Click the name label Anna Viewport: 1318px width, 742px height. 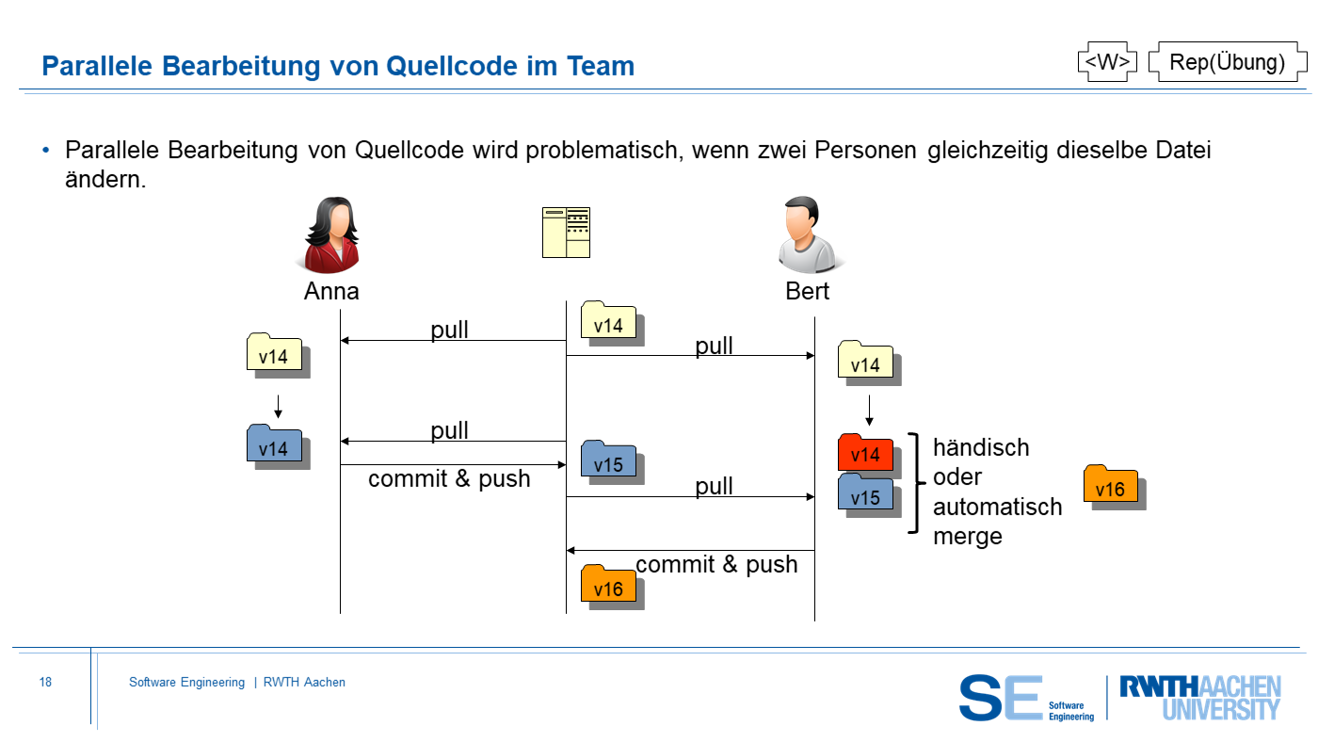click(x=331, y=291)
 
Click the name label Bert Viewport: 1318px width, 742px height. click(x=808, y=291)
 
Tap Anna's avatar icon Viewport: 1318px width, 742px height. click(x=331, y=234)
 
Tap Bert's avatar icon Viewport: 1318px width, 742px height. click(x=809, y=234)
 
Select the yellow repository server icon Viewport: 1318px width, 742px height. click(x=566, y=233)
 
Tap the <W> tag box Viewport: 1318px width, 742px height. click(x=1107, y=61)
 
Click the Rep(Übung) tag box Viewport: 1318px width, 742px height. click(x=1228, y=61)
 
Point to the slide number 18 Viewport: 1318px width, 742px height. click(x=45, y=682)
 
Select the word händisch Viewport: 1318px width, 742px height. click(x=981, y=447)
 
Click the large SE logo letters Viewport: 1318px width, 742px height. click(x=1000, y=698)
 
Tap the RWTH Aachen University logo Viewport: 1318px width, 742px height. click(x=1200, y=698)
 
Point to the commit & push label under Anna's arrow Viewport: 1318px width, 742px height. click(x=449, y=478)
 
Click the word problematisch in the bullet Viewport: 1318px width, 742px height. click(x=604, y=150)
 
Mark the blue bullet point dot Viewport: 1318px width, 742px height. click(x=46, y=150)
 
